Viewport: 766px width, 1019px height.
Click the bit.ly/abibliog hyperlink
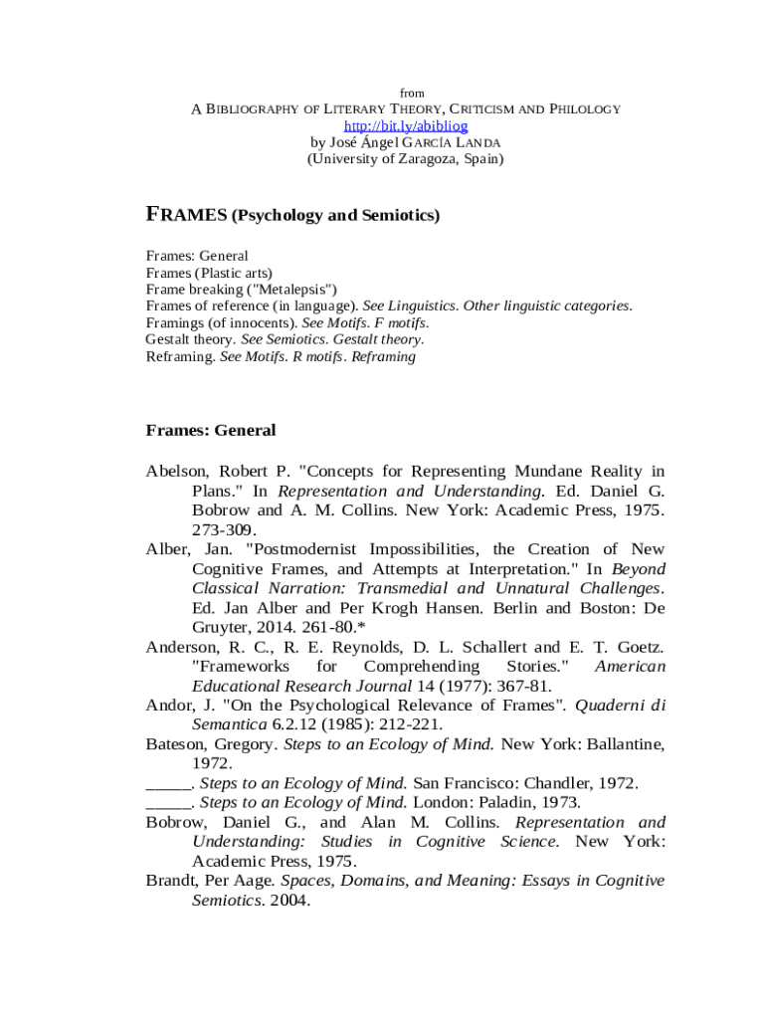point(405,126)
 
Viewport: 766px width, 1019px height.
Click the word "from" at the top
point(411,94)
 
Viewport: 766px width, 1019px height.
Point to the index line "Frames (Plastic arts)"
point(209,273)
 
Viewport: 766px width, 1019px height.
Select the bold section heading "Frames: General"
point(210,431)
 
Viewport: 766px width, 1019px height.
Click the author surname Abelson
point(176,471)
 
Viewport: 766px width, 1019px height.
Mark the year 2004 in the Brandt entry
point(288,901)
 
